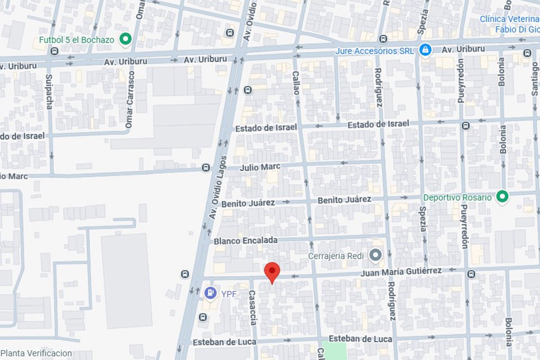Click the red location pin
[272, 272]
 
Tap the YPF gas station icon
[210, 292]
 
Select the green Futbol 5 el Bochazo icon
[126, 39]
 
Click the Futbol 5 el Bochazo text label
[76, 40]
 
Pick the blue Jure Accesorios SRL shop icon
[425, 50]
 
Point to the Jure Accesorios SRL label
[374, 51]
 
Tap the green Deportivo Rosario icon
[502, 197]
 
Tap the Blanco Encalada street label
[245, 241]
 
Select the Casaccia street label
[253, 308]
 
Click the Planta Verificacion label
[36, 353]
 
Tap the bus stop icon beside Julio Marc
[206, 168]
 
